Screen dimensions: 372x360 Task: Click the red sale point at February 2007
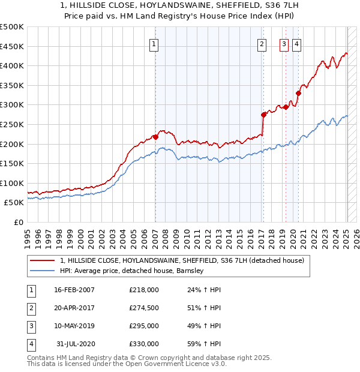pos(155,137)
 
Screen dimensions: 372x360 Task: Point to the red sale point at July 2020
pos(298,93)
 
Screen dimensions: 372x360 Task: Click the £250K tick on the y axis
pos(12,124)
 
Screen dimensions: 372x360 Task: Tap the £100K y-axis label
pos(12,183)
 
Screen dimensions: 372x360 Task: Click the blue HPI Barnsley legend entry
pos(132,271)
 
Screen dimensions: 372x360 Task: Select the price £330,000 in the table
pos(144,344)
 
